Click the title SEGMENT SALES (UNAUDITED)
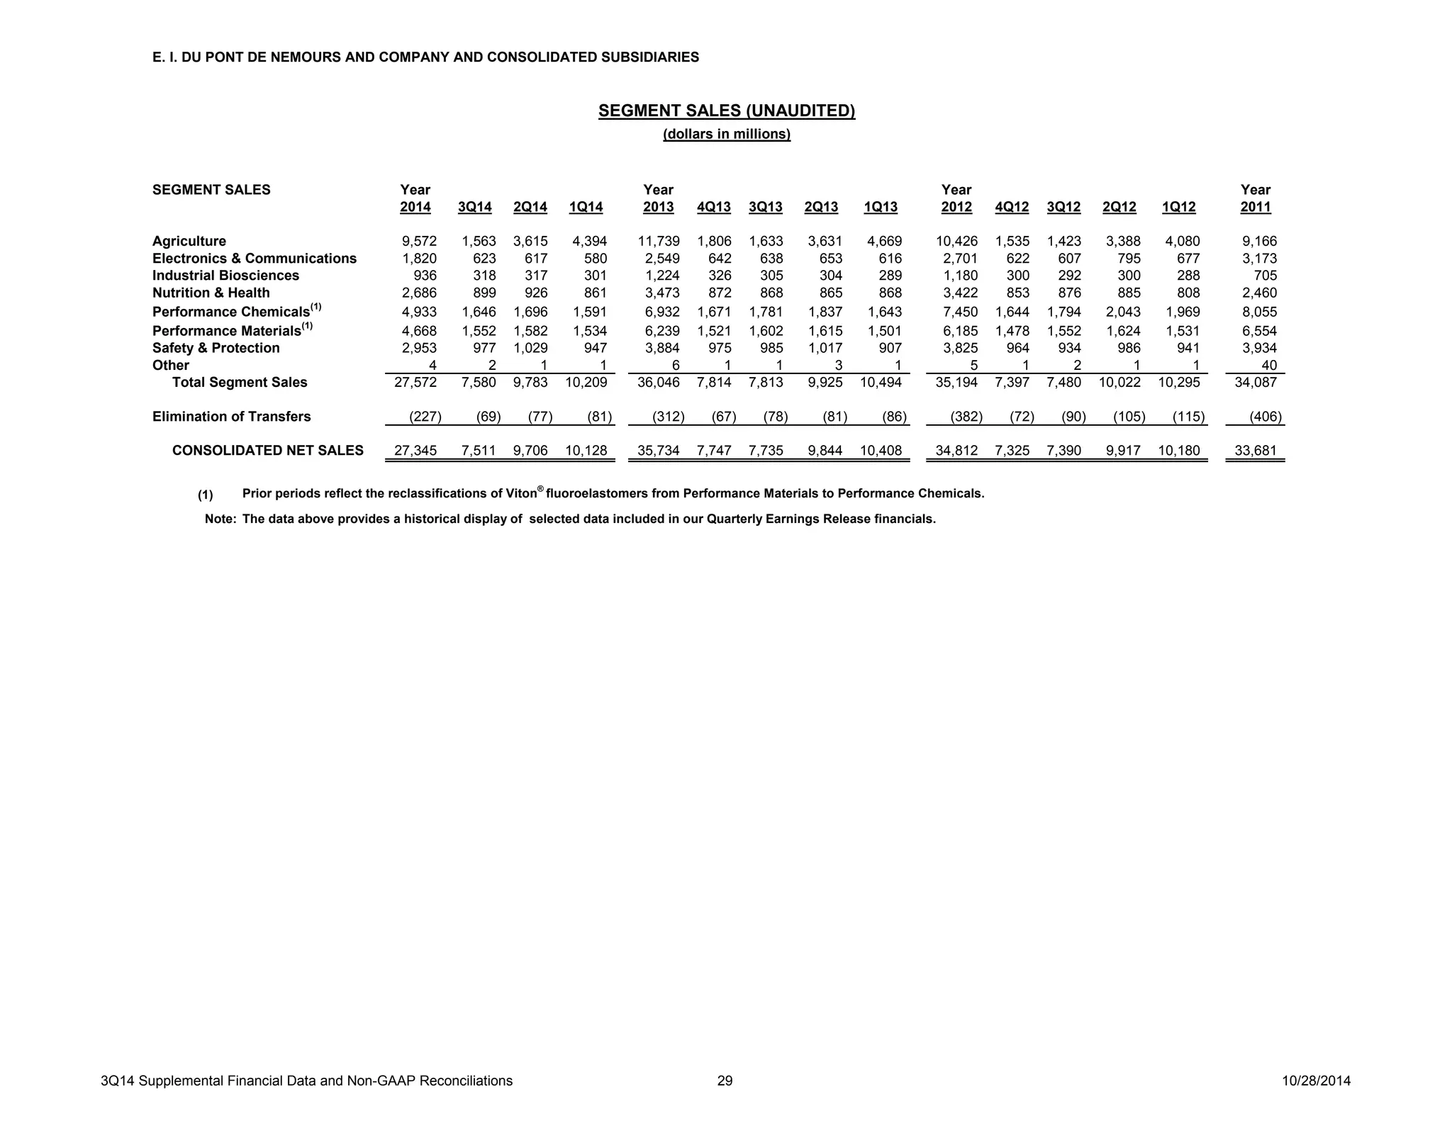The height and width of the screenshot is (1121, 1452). (x=726, y=111)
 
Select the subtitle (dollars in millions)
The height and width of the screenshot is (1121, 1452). (x=726, y=134)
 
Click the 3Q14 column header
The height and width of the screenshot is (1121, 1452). (x=474, y=207)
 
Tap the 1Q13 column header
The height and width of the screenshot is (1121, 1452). (x=880, y=207)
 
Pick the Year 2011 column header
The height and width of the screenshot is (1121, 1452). (x=1255, y=198)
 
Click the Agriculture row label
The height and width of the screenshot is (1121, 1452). (x=189, y=241)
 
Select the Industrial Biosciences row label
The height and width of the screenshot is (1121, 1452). (x=225, y=276)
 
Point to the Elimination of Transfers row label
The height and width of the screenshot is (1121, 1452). (x=231, y=417)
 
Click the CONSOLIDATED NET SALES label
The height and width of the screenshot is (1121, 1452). (x=267, y=451)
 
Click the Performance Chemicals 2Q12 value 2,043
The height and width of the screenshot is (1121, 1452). (x=1123, y=312)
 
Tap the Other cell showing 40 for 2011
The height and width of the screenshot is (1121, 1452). (x=1268, y=366)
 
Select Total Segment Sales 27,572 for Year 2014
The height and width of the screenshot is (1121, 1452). (x=415, y=383)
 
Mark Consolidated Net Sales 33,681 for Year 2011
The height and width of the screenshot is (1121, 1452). (x=1255, y=451)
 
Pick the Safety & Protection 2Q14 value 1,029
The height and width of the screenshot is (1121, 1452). (x=530, y=348)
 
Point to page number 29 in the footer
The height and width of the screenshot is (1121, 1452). (x=725, y=1081)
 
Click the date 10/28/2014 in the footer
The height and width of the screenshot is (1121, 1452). (x=1316, y=1081)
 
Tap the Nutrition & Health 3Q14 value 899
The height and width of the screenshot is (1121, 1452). (x=484, y=293)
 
